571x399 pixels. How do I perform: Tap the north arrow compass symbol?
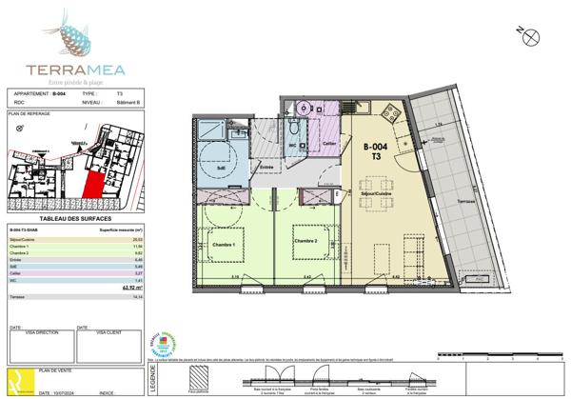point(531,36)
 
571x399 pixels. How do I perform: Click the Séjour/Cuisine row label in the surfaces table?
point(24,239)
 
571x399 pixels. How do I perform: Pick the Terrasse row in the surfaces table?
point(18,297)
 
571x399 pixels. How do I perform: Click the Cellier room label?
point(328,143)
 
